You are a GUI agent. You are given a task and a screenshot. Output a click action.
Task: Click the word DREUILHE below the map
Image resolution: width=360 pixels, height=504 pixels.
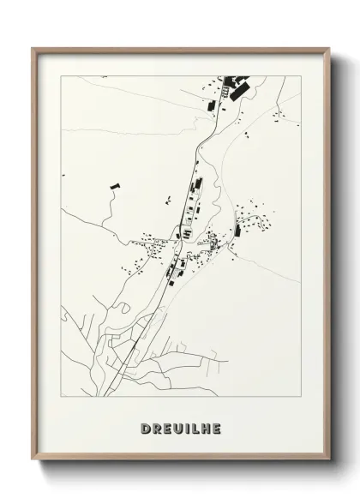click(x=180, y=426)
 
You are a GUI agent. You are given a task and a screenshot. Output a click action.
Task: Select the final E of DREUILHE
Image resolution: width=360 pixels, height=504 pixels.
click(x=219, y=426)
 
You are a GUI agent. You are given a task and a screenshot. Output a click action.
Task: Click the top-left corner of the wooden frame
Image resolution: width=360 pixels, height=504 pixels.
click(x=32, y=48)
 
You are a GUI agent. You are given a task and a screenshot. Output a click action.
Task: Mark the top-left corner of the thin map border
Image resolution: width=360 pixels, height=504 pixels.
click(x=62, y=75)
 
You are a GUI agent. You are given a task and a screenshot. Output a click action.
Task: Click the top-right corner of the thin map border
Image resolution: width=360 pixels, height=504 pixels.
click(x=300, y=75)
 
